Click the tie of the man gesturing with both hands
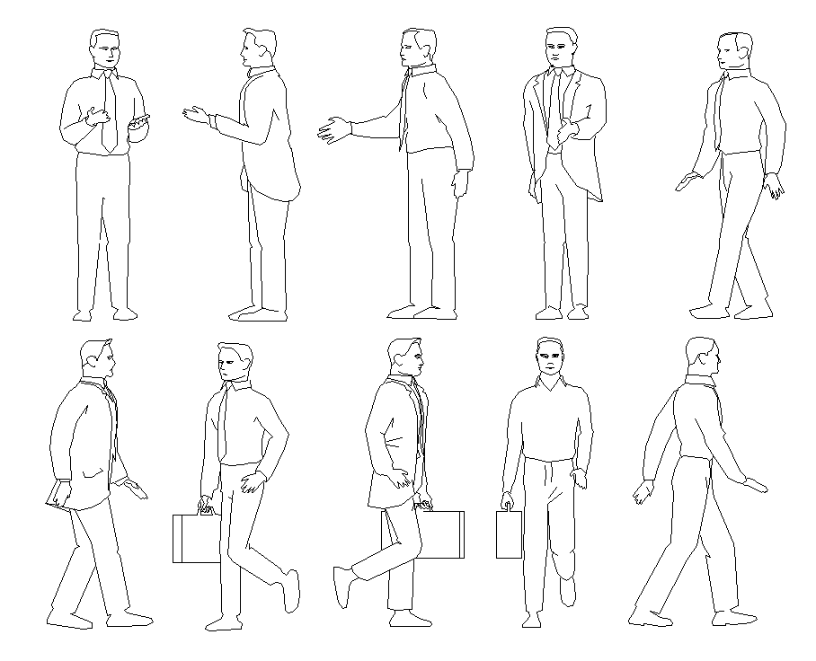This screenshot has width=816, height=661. (x=108, y=112)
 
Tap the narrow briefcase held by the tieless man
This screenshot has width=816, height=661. (x=509, y=535)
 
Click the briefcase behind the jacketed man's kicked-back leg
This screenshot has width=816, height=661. (x=440, y=534)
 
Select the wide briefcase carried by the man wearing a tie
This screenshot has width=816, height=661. (x=195, y=539)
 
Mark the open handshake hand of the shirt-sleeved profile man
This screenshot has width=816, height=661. (x=333, y=129)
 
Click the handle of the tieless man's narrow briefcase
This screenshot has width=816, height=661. (x=509, y=507)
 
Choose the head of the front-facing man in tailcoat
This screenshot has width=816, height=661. (x=561, y=47)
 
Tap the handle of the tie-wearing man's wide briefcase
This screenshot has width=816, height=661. (x=207, y=508)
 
